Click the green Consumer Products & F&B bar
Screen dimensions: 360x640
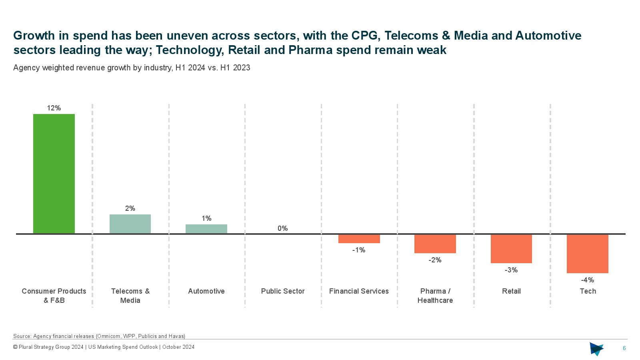[x=54, y=174]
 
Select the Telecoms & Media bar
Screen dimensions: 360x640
[x=130, y=224]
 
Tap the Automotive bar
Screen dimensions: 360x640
[x=206, y=229]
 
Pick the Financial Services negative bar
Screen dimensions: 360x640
[x=359, y=239]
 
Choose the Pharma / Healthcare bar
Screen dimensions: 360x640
[x=435, y=244]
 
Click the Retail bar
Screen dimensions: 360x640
[x=511, y=249]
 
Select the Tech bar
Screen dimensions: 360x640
[x=588, y=254]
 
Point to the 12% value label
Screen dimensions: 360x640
[x=54, y=108]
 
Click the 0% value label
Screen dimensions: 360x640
[x=283, y=228]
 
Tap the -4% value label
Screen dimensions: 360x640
[x=588, y=280]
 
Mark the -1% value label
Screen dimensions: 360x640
[x=359, y=250]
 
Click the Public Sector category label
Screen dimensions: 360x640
[x=283, y=291]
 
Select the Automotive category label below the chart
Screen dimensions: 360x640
[x=206, y=291]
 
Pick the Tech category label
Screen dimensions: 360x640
[x=588, y=291]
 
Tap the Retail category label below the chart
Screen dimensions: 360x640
[x=511, y=291]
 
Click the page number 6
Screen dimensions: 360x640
[x=624, y=348]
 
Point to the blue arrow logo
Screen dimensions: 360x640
[x=596, y=349]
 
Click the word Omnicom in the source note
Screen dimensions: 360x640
[x=109, y=336]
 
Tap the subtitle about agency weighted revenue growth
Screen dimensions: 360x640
[x=132, y=68]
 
